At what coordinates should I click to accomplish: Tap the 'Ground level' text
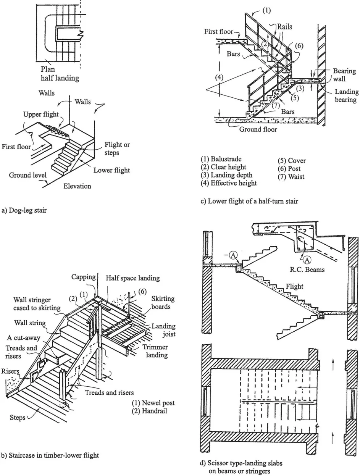tap(27, 175)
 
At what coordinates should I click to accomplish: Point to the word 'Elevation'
tap(77, 186)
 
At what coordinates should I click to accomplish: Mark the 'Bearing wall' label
tap(344, 75)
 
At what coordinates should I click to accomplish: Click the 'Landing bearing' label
tap(346, 96)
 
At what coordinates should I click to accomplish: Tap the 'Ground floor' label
tap(258, 129)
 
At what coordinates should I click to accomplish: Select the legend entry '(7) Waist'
tap(291, 177)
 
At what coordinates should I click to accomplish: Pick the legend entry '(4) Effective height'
tap(229, 183)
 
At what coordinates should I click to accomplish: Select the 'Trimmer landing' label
tap(155, 351)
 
